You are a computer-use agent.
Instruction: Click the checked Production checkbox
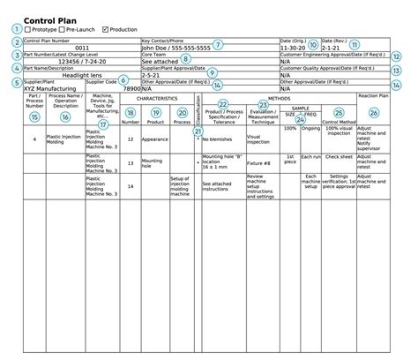(106, 30)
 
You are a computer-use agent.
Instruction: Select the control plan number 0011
(81, 48)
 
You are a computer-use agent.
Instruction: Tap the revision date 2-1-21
(332, 48)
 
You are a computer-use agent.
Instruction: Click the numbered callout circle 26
(374, 113)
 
